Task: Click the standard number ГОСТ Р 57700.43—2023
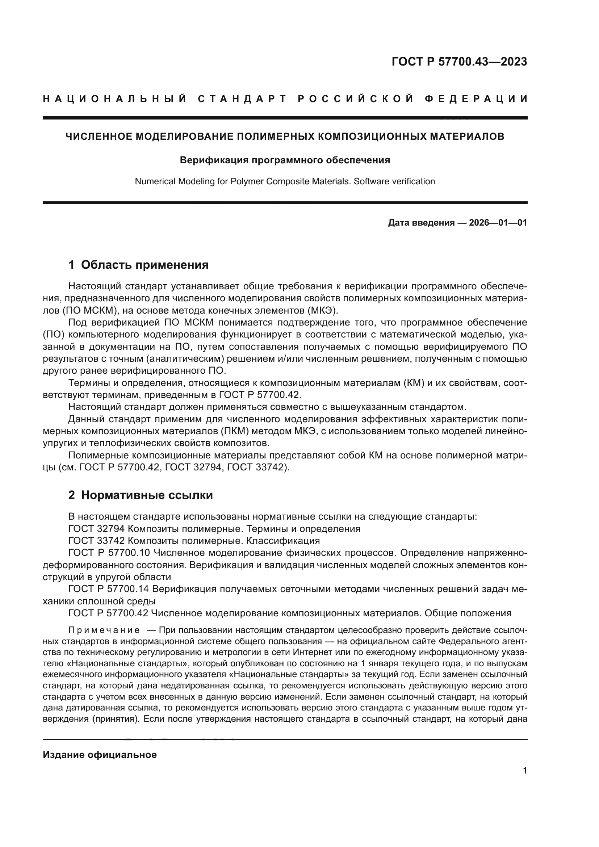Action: pyautogui.click(x=459, y=62)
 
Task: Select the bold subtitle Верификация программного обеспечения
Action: pyautogui.click(x=284, y=160)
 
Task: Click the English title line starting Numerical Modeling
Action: pyautogui.click(x=284, y=181)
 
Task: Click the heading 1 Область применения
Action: pyautogui.click(x=138, y=265)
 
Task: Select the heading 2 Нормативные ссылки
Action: pyautogui.click(x=141, y=495)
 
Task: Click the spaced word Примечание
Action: pyautogui.click(x=104, y=630)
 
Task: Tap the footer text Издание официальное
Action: pyautogui.click(x=100, y=755)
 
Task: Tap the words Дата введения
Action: pyautogui.click(x=421, y=223)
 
